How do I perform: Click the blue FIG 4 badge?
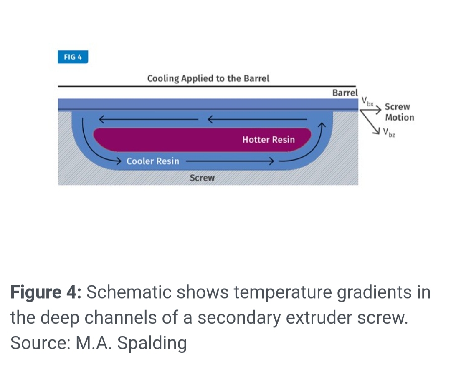click(x=73, y=57)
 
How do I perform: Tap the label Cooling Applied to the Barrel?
click(x=208, y=78)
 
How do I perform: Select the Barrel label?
click(x=345, y=93)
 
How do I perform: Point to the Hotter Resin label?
click(x=268, y=140)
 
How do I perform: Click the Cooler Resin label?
click(x=153, y=161)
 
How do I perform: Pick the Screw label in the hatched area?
click(x=202, y=178)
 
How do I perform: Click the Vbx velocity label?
click(x=367, y=101)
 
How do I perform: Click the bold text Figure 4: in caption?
click(x=46, y=292)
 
